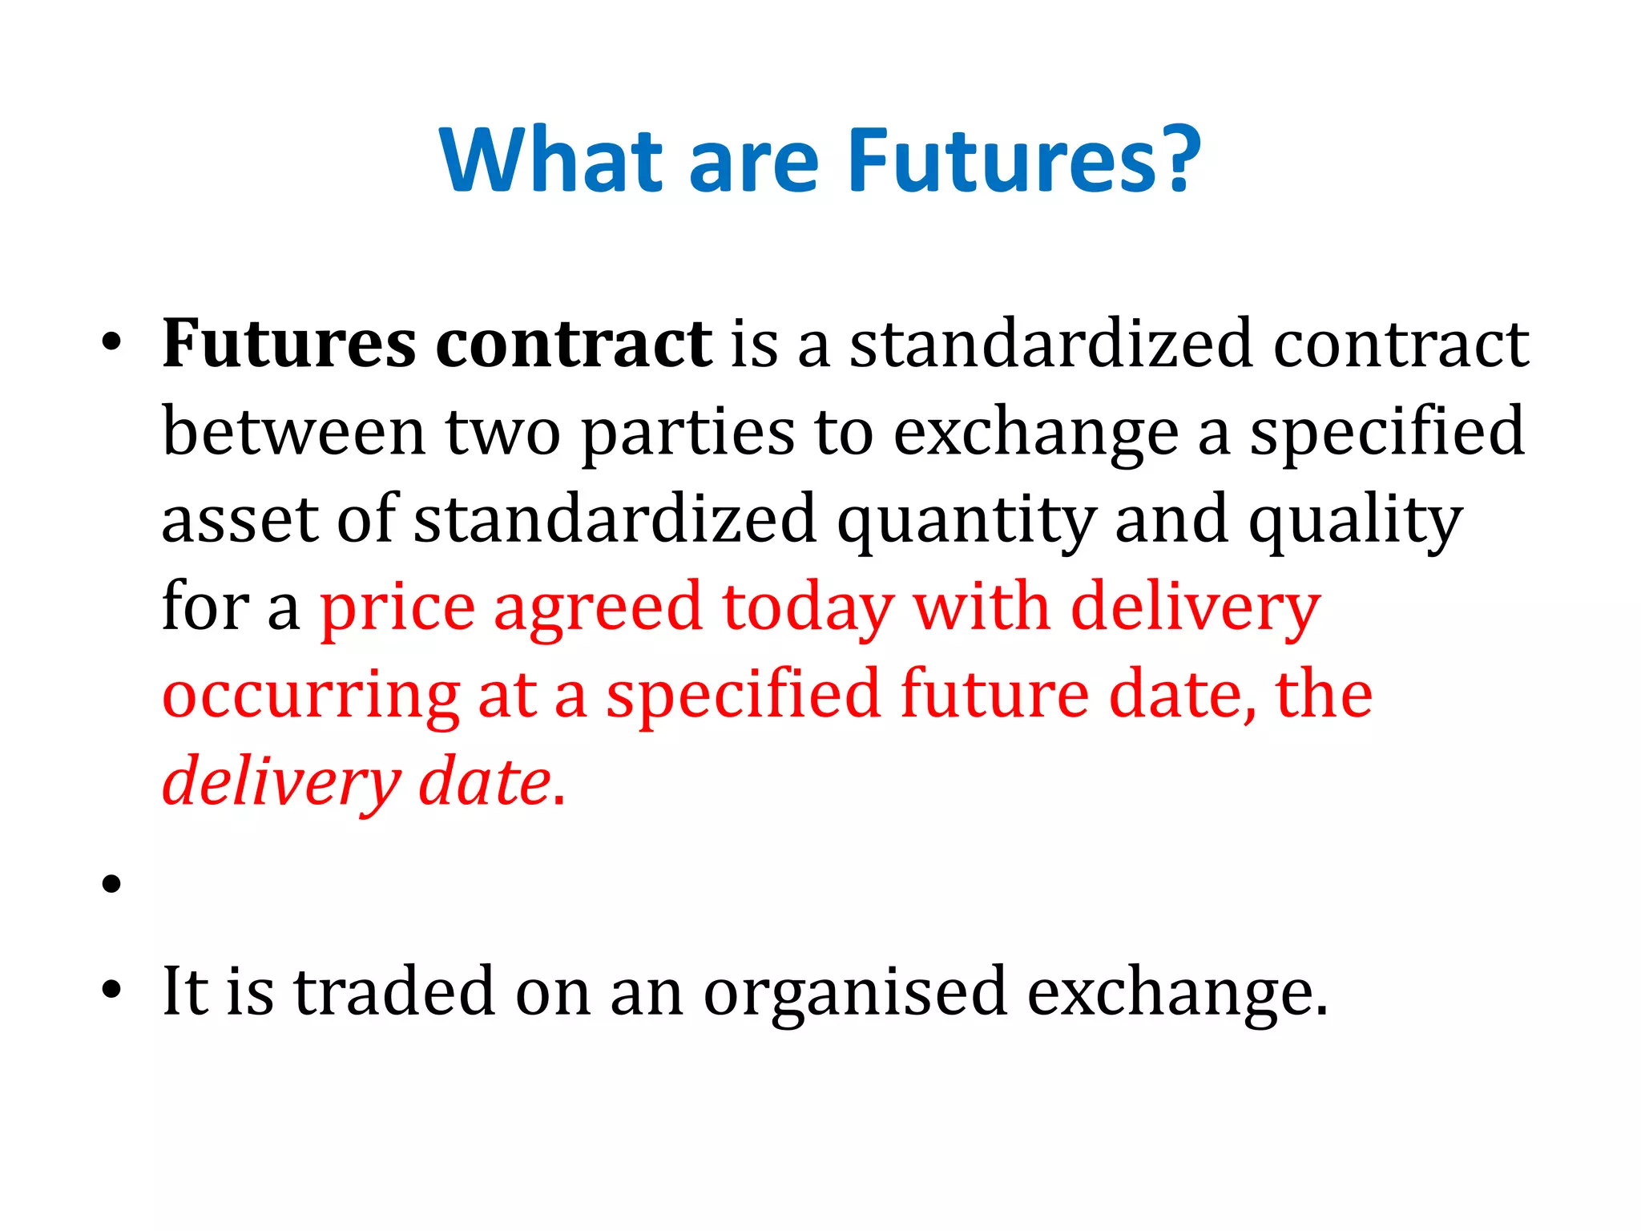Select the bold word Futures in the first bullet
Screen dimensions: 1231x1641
pyautogui.click(x=288, y=345)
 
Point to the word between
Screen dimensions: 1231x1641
pyautogui.click(x=293, y=433)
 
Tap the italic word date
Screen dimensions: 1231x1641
pyautogui.click(x=485, y=782)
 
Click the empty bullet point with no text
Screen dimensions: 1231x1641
pyautogui.click(x=111, y=884)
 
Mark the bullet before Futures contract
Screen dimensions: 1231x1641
pyautogui.click(x=111, y=345)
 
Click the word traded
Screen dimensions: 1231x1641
pyautogui.click(x=395, y=992)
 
